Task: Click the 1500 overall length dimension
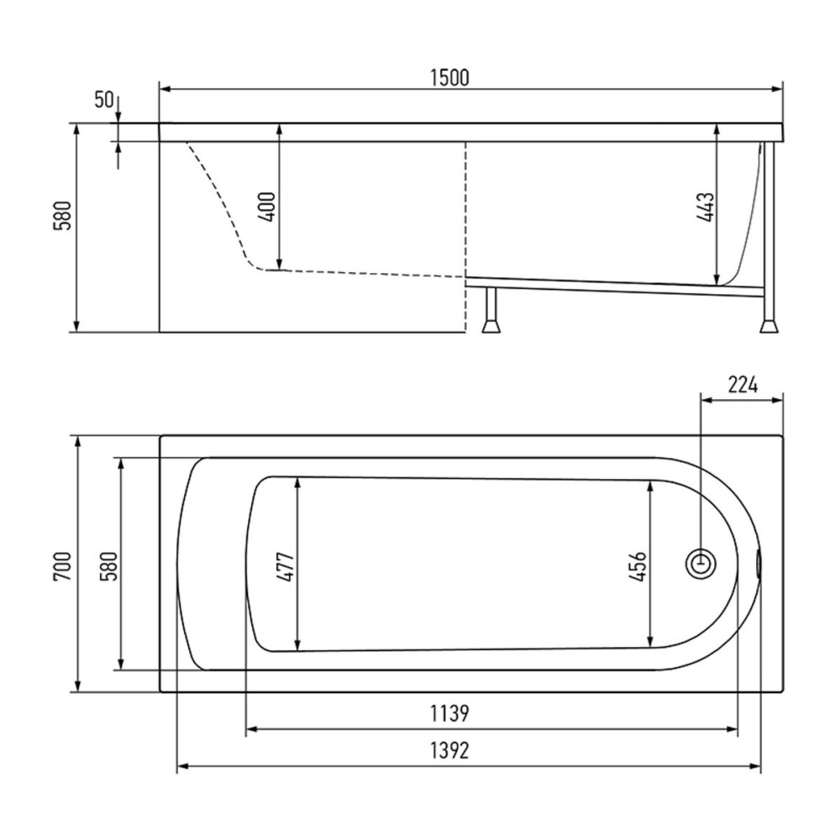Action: click(x=449, y=77)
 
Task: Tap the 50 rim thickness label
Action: click(x=104, y=99)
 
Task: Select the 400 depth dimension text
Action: click(x=267, y=207)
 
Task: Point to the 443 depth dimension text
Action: click(x=706, y=207)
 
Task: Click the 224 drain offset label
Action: click(x=743, y=385)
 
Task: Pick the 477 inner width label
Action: click(x=286, y=567)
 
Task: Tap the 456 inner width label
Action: click(x=638, y=567)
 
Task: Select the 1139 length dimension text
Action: click(x=449, y=713)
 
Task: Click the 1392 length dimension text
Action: click(x=449, y=750)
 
